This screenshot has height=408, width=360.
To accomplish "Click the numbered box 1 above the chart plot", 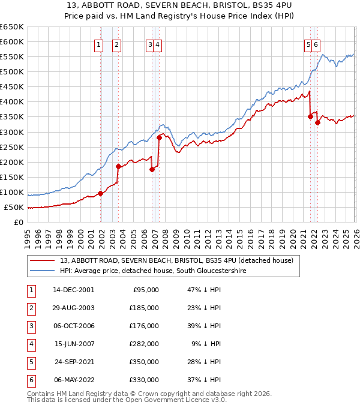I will (x=98, y=43).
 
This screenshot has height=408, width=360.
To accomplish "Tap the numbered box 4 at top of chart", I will (x=157, y=43).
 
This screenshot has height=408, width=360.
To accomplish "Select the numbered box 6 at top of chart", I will (x=316, y=43).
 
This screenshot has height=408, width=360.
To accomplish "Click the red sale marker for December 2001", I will (x=101, y=193).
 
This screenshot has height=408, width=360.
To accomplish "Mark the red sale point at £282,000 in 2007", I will (x=159, y=137).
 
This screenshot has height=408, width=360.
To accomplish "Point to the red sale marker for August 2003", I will (x=119, y=166).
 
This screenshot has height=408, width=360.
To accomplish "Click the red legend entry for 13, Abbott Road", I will (x=176, y=260).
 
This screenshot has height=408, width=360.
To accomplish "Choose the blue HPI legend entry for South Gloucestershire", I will (x=153, y=271).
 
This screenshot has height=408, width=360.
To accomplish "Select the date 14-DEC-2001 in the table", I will (x=74, y=289).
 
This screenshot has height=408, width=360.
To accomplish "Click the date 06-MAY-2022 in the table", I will (x=74, y=379).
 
